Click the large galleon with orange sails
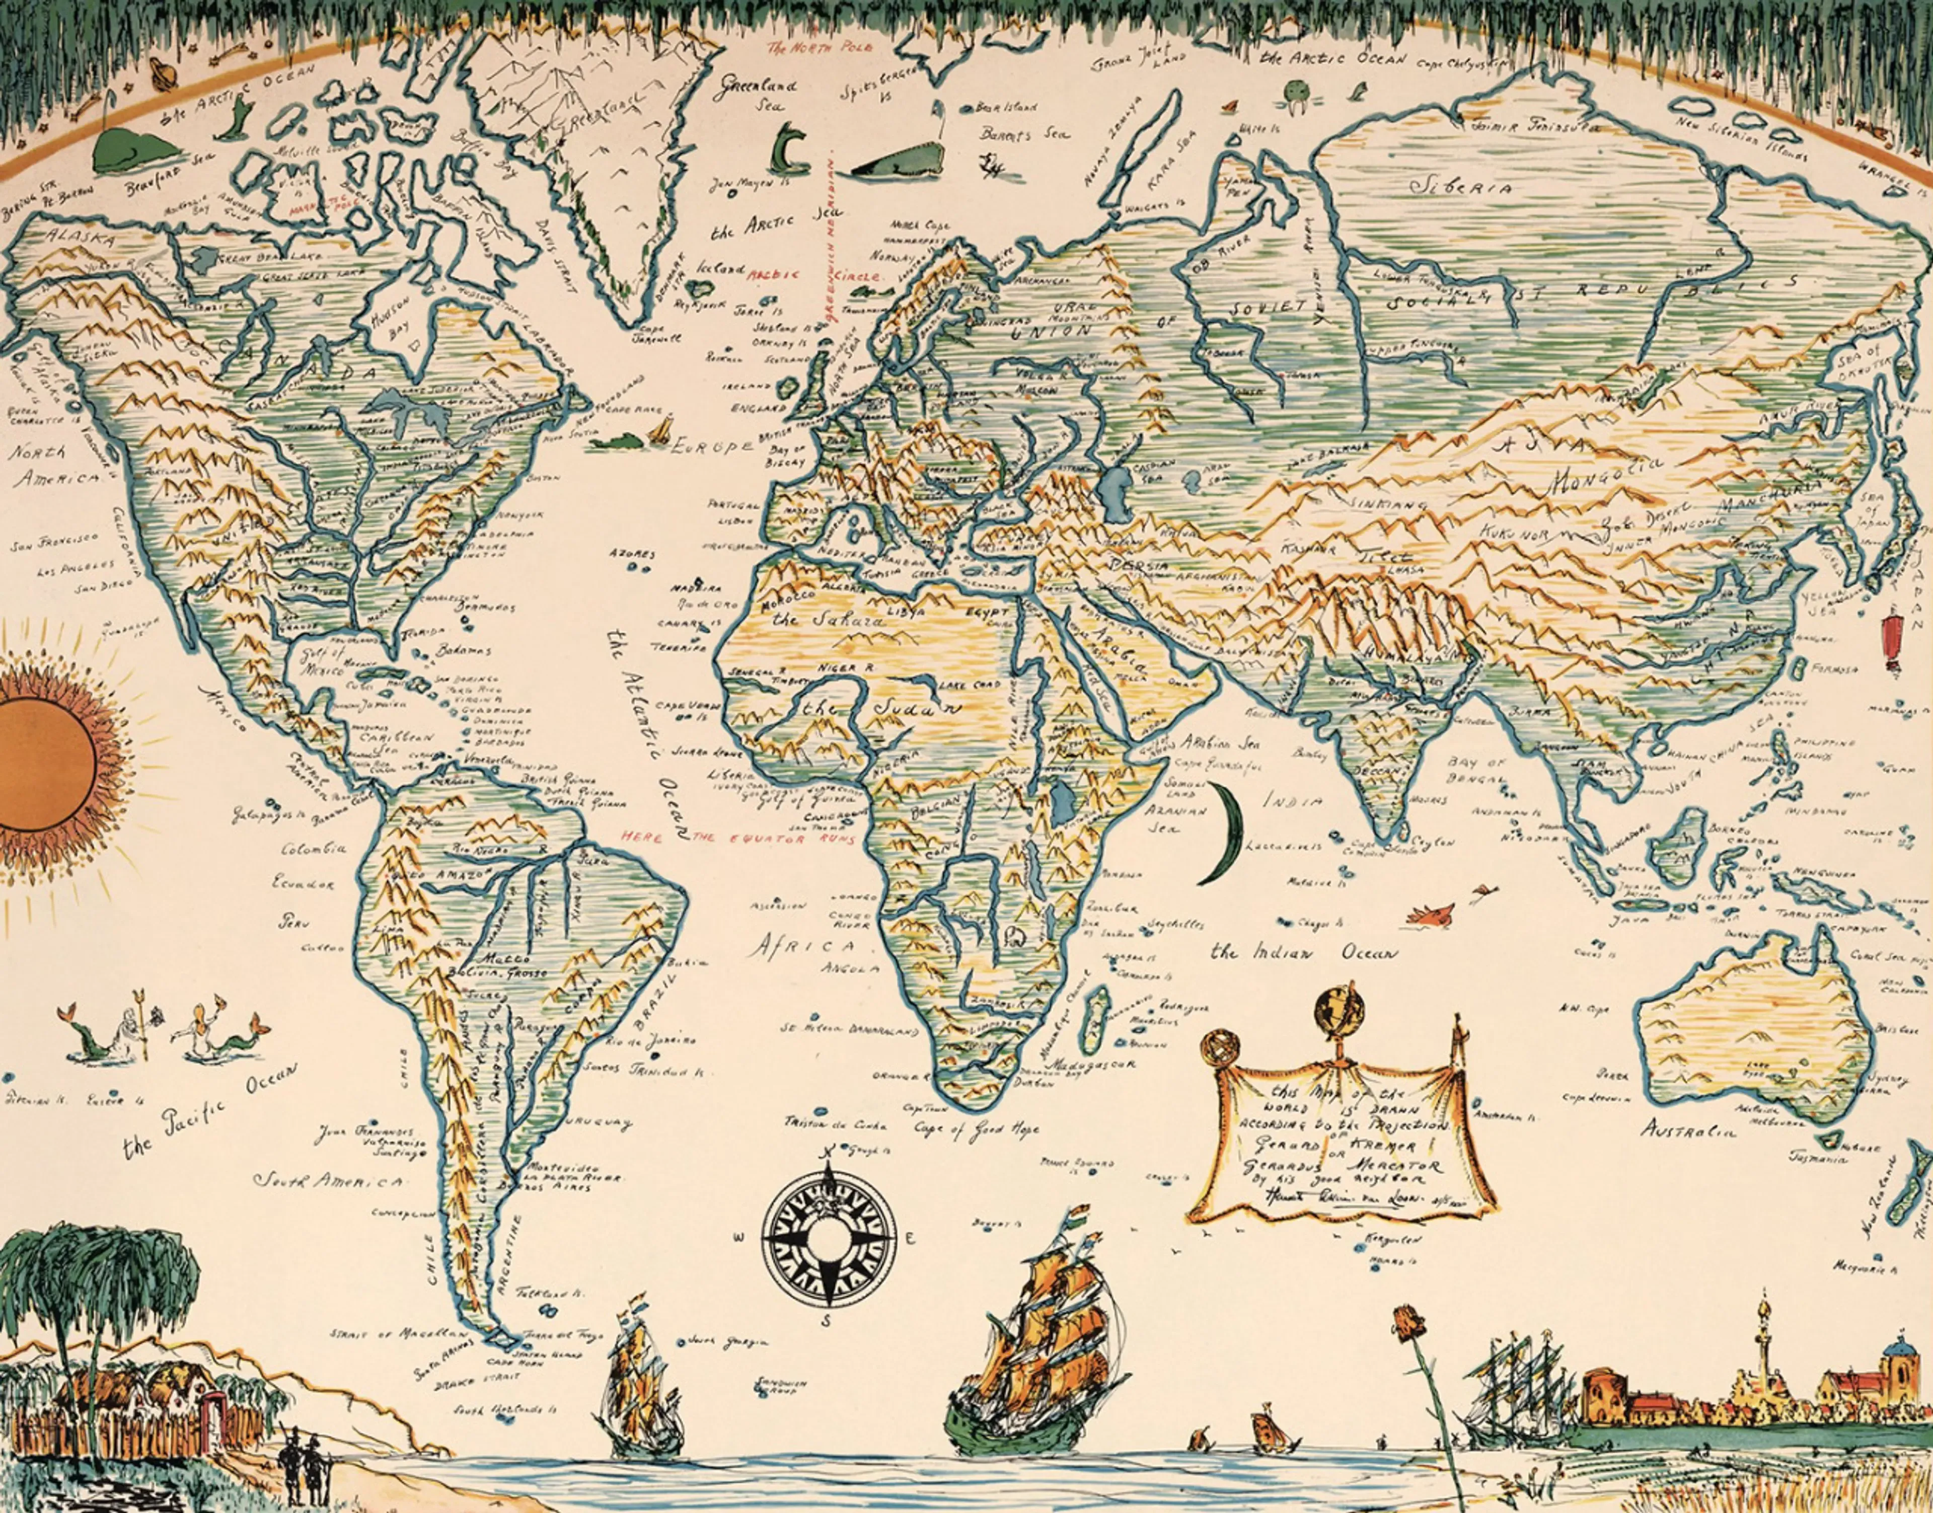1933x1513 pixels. point(1054,1346)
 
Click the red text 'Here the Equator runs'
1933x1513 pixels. point(737,836)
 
